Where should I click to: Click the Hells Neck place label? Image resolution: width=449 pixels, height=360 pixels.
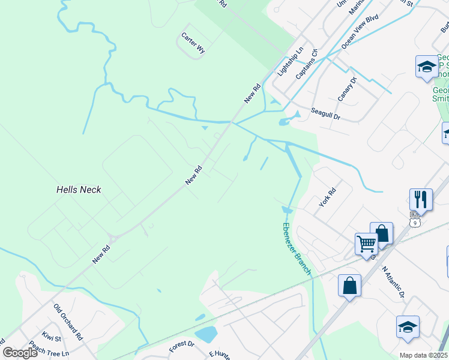(x=79, y=190)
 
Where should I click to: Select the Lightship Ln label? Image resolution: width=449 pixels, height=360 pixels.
(x=287, y=64)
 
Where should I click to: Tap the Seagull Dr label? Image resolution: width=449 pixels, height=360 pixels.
(x=325, y=114)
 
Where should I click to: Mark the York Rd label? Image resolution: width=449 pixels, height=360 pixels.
(x=328, y=196)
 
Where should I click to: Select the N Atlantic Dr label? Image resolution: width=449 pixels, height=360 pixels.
(x=393, y=283)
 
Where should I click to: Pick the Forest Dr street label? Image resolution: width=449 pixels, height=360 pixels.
(x=182, y=347)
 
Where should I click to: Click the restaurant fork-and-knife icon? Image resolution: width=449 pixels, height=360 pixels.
(x=420, y=199)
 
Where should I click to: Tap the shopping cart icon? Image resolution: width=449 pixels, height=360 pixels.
(x=366, y=244)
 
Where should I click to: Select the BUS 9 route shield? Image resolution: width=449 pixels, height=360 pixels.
(x=414, y=219)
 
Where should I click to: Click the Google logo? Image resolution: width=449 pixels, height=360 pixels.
(x=20, y=352)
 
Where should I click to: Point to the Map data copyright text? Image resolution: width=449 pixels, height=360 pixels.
(x=423, y=355)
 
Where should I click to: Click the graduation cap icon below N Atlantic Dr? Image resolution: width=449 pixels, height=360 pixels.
(x=407, y=327)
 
